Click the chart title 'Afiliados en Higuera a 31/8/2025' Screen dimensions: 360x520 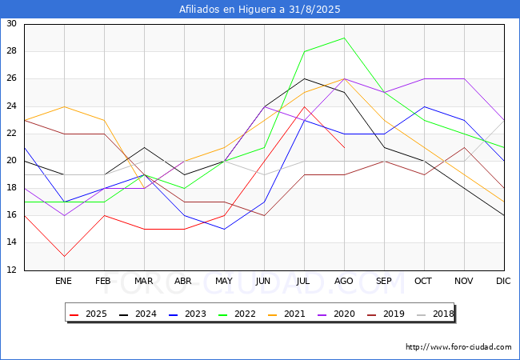260,10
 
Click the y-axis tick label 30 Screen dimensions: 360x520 11,24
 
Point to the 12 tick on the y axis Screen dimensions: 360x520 11,270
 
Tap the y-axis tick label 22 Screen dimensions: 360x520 11,134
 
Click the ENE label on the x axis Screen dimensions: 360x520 64,282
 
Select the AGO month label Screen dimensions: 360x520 344,282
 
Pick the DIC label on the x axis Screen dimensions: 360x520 503,282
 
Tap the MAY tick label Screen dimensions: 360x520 224,282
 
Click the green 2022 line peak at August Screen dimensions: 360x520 344,38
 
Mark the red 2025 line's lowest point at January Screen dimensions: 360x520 64,257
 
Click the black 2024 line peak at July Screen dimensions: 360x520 304,78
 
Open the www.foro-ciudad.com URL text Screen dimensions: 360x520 458,347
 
